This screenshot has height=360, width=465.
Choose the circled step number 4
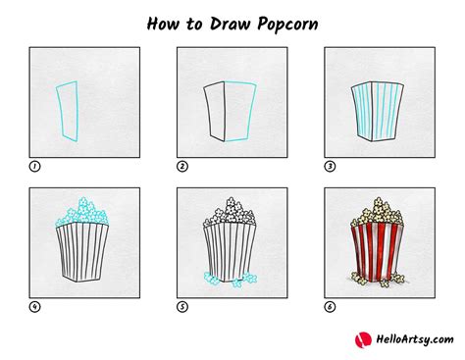coord(35,306)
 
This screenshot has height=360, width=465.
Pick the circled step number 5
coord(182,306)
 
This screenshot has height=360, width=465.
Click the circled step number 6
coord(330,306)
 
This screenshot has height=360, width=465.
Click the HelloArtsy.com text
coord(412,339)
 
